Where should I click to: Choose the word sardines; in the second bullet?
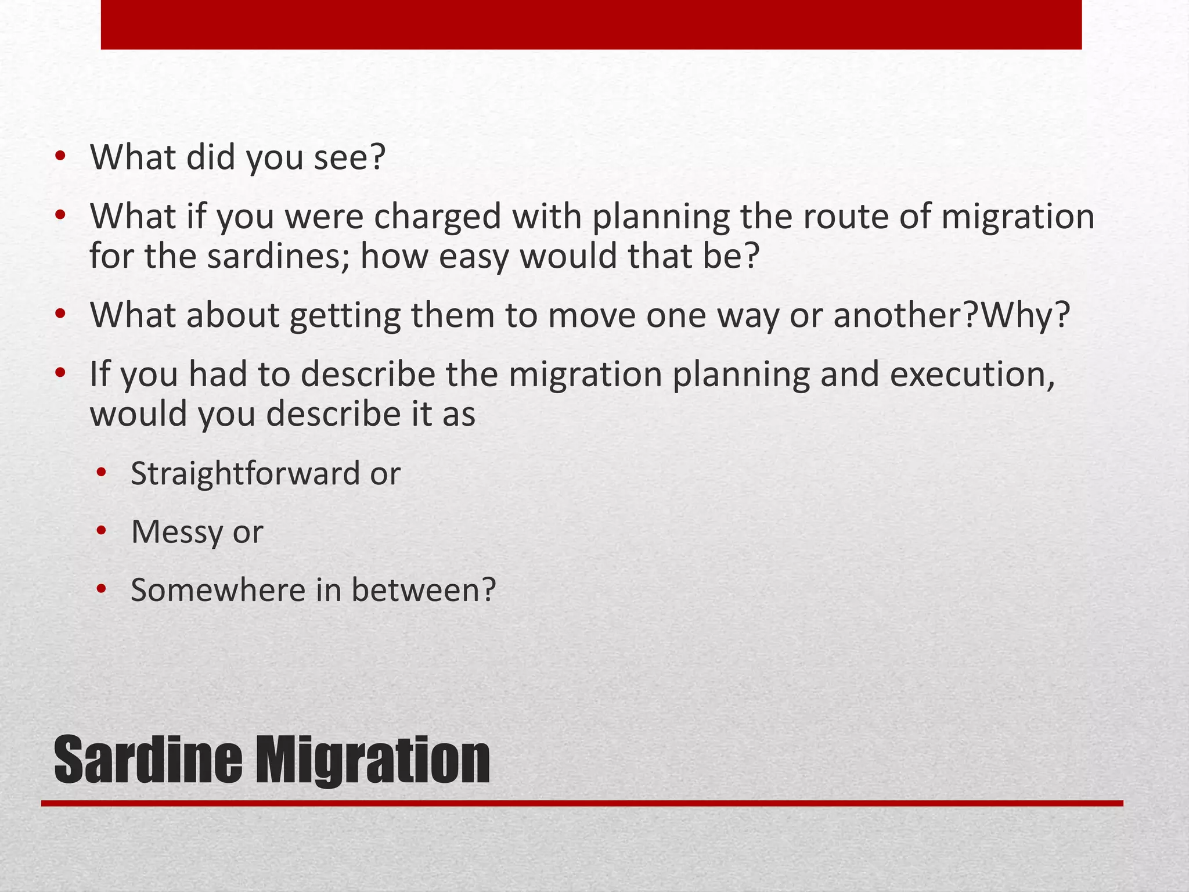click(278, 257)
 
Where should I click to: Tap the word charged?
click(437, 217)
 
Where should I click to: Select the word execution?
click(972, 375)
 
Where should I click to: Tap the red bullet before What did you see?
click(60, 157)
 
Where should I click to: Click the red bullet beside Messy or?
click(102, 531)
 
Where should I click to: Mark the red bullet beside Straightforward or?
click(102, 473)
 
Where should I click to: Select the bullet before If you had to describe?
click(60, 373)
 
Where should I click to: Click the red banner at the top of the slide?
click(591, 24)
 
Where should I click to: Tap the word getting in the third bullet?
click(345, 316)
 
